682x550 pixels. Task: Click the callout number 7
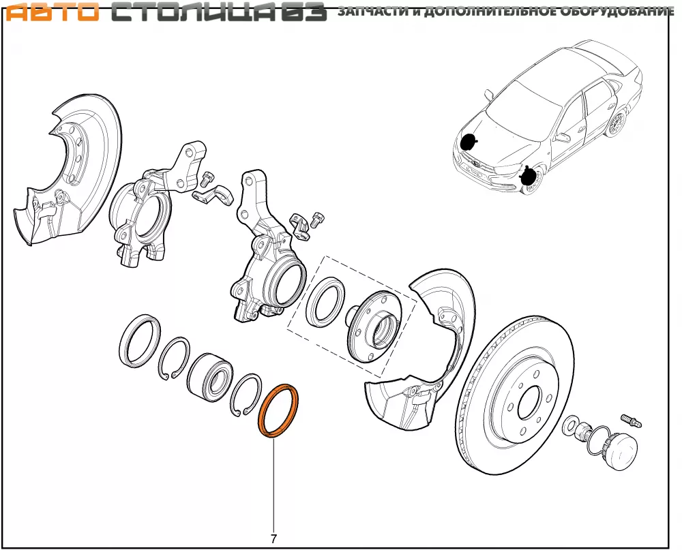tap(273, 538)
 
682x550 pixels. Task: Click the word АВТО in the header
tap(50, 12)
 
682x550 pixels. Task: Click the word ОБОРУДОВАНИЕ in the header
tap(617, 12)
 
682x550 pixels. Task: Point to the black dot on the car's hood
tap(468, 142)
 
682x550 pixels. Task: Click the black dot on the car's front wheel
tap(527, 177)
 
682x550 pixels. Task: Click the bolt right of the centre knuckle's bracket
tap(316, 219)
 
